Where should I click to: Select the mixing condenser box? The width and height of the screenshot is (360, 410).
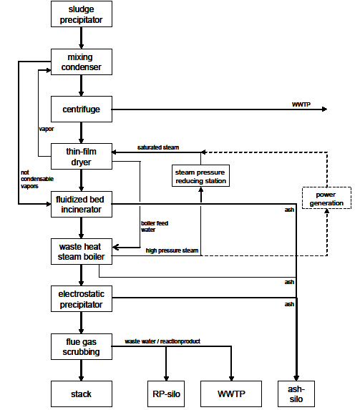pyautogui.click(x=82, y=62)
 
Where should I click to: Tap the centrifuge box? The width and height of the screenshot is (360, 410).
pyautogui.click(x=82, y=109)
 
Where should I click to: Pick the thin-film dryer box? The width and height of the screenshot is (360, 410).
pyautogui.click(x=82, y=157)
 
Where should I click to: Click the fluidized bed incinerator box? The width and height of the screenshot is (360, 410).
pyautogui.click(x=82, y=204)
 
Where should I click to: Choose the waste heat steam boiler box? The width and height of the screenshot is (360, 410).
pyautogui.click(x=82, y=251)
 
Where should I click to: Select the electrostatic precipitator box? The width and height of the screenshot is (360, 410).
pyautogui.click(x=82, y=298)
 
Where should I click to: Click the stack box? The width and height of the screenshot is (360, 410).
pyautogui.click(x=82, y=393)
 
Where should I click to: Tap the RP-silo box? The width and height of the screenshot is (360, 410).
pyautogui.click(x=167, y=393)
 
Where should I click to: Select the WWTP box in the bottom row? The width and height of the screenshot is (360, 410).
pyautogui.click(x=232, y=393)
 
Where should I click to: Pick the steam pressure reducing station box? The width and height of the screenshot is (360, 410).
pyautogui.click(x=201, y=176)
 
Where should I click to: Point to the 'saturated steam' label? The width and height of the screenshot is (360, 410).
pyautogui.click(x=158, y=147)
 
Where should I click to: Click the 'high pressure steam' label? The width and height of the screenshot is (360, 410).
pyautogui.click(x=171, y=250)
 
